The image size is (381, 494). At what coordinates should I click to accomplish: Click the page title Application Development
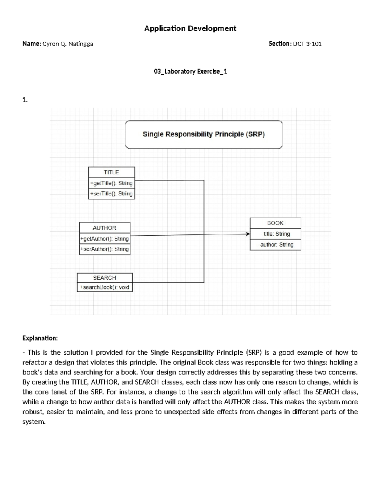190,29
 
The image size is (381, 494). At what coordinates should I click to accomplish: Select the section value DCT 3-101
307,44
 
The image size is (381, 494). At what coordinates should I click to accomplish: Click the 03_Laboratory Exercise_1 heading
190,72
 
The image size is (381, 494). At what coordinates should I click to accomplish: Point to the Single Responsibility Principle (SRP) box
204,135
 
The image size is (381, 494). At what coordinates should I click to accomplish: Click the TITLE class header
111,172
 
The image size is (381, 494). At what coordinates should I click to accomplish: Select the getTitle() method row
111,183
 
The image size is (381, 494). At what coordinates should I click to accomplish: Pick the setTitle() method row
111,193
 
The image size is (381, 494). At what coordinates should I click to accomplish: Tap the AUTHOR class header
104,228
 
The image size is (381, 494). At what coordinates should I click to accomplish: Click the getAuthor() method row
104,239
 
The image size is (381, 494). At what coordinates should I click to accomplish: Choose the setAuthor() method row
104,249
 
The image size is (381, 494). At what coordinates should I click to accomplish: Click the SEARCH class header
104,278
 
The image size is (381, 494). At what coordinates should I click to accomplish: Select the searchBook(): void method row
105,287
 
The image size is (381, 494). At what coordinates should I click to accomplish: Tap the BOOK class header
275,223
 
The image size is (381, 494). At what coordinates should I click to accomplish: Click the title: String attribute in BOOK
277,234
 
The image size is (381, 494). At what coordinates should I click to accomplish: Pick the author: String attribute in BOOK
277,245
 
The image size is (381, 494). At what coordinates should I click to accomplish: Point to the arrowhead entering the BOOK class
248,234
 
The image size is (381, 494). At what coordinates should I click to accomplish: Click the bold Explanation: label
40,338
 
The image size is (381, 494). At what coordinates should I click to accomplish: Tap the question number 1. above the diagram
25,100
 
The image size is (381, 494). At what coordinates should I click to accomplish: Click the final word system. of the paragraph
34,422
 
